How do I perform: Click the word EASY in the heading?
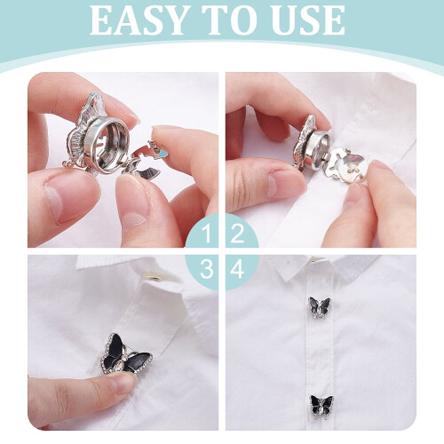click(139, 20)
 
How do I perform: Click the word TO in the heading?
click(230, 20)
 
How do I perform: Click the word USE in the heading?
click(308, 20)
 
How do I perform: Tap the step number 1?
click(207, 234)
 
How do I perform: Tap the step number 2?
click(237, 234)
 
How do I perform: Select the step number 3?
click(207, 269)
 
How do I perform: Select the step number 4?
click(237, 269)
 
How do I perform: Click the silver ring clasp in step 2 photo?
click(318, 146)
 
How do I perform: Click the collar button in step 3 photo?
click(154, 277)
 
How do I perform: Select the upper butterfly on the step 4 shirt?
click(320, 307)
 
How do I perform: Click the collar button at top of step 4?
click(318, 260)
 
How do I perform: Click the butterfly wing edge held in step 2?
click(304, 139)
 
